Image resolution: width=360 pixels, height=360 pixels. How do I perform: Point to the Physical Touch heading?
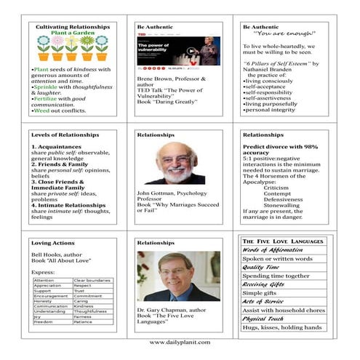266,318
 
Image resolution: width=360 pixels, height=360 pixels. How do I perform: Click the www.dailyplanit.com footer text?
180,342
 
